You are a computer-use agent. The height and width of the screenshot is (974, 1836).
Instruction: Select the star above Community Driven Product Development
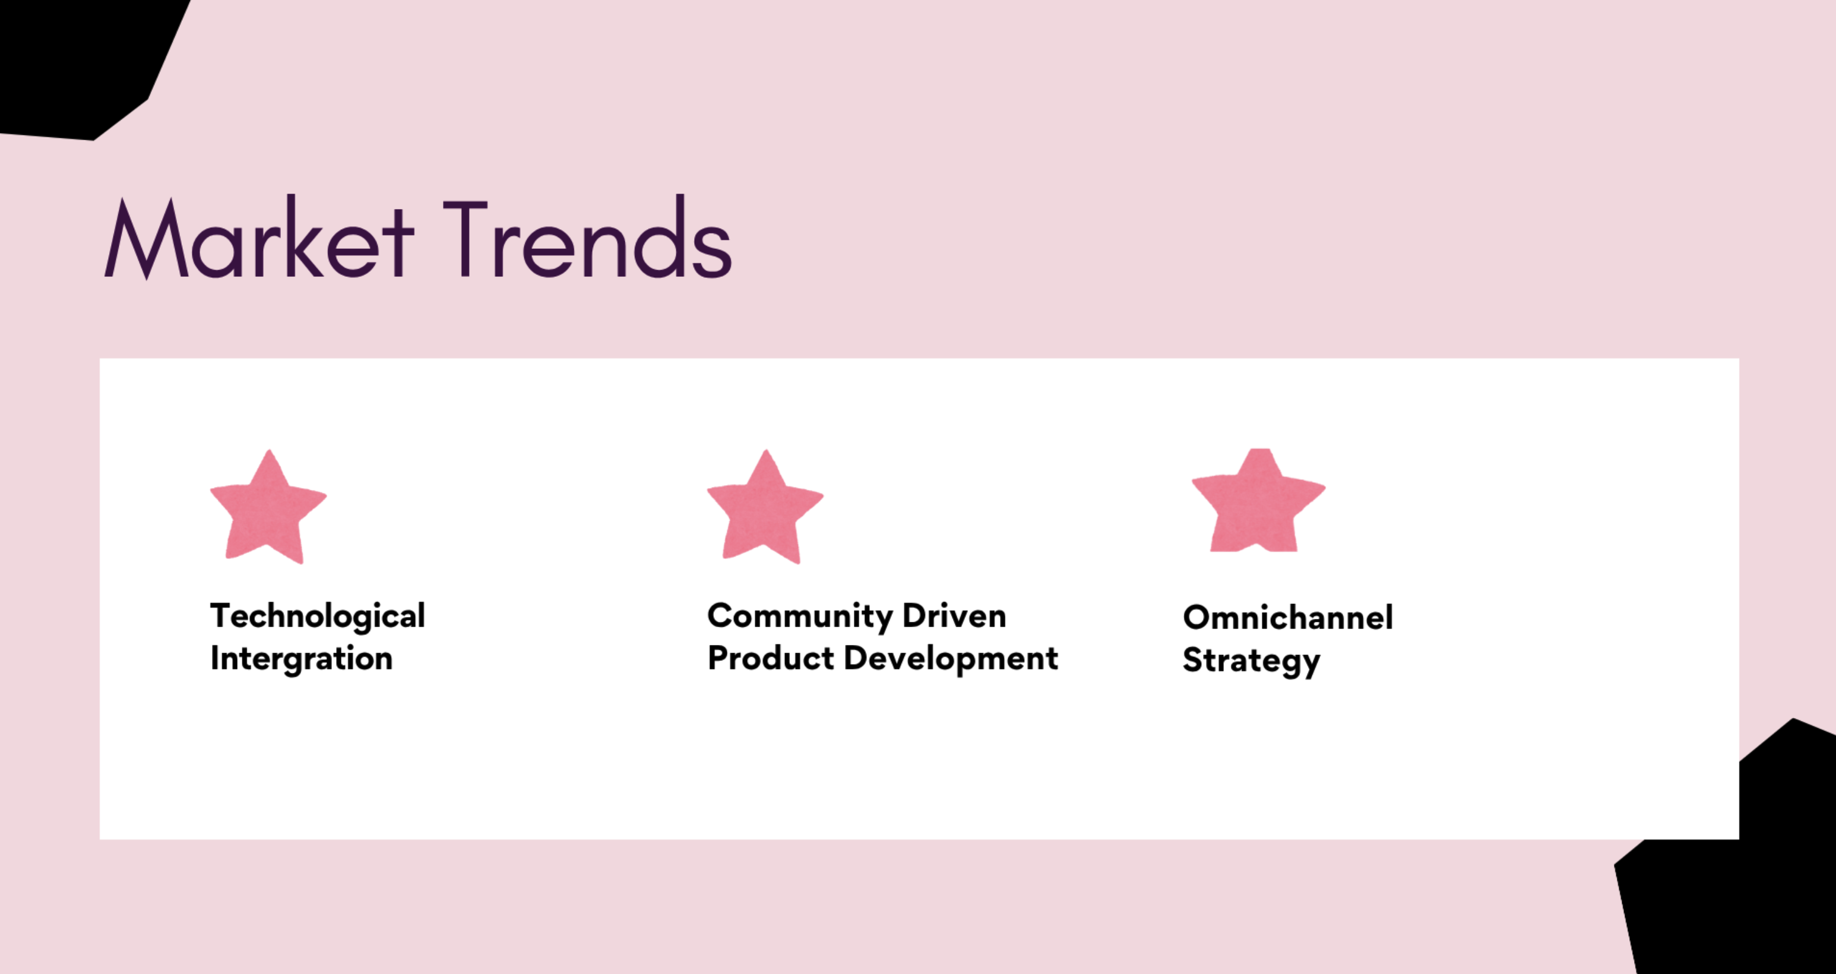pyautogui.click(x=765, y=506)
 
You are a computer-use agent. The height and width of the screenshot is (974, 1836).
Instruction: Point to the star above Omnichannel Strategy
pyautogui.click(x=1259, y=500)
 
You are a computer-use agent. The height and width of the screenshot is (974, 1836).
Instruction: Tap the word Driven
pyautogui.click(x=954, y=615)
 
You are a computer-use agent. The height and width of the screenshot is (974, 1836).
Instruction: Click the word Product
pyautogui.click(x=771, y=657)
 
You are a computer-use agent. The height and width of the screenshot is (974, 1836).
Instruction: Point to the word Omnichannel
pyautogui.click(x=1288, y=617)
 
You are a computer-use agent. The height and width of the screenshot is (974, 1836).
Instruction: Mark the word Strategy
pyautogui.click(x=1252, y=661)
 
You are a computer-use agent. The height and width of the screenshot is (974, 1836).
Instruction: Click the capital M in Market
pyautogui.click(x=147, y=239)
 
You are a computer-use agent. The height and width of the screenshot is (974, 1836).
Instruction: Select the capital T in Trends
pyautogui.click(x=466, y=238)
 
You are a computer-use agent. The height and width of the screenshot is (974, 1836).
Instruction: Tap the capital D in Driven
pyautogui.click(x=915, y=615)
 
